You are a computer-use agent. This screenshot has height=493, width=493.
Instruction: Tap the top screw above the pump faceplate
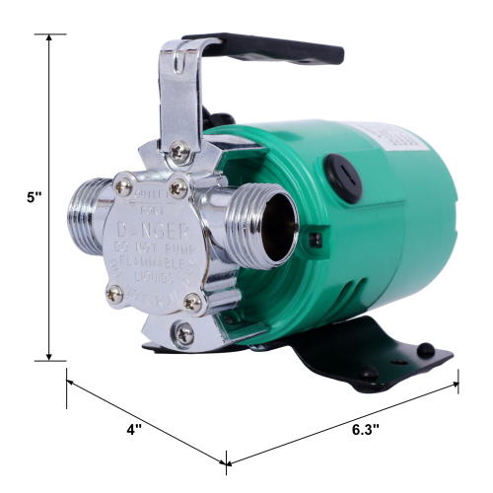(179, 153)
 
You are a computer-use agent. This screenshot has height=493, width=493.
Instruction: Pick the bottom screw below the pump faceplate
(182, 334)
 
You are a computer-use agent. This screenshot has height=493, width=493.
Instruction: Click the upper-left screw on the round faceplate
(125, 183)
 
